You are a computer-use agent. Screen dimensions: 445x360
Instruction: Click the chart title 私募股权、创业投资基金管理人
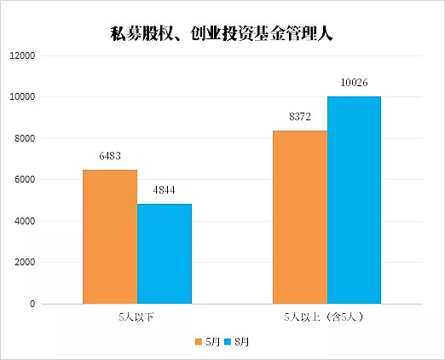(x=222, y=34)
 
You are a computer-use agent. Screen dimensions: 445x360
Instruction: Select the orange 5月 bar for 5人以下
(x=110, y=236)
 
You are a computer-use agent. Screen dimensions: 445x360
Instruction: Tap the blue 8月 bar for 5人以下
(x=165, y=253)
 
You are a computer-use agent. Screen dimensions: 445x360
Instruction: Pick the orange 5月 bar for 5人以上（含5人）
(x=300, y=217)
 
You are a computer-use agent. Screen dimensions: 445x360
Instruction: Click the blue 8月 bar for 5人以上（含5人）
(x=354, y=200)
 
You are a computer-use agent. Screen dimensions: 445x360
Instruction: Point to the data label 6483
(x=110, y=156)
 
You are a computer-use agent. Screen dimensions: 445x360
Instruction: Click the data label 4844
(x=164, y=190)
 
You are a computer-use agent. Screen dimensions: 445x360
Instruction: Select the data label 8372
(x=300, y=117)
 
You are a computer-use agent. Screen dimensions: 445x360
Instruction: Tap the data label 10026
(x=354, y=83)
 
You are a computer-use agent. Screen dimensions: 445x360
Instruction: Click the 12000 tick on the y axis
(x=22, y=55)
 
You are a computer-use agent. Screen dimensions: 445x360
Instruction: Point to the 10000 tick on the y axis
(x=22, y=96)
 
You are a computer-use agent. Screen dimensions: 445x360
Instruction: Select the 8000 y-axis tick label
(x=25, y=138)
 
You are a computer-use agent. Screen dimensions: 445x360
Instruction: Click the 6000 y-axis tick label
(x=25, y=179)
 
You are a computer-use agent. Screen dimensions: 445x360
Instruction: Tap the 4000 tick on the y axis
(x=25, y=221)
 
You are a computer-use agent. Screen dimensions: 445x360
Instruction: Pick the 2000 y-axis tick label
(x=25, y=262)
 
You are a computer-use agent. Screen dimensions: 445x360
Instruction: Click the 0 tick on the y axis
(x=32, y=304)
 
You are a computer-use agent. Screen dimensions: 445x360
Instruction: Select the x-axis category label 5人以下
(x=136, y=317)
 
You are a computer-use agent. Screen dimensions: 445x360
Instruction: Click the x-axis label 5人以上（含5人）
(x=324, y=317)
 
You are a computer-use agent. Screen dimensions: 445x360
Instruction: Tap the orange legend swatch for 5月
(x=199, y=341)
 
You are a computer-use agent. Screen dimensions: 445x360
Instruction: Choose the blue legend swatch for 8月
(x=228, y=341)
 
